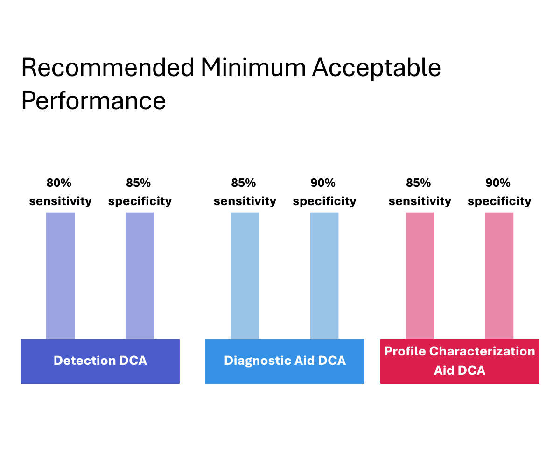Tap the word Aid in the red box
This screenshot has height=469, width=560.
[x=443, y=370]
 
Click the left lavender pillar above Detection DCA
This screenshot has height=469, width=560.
[x=60, y=275]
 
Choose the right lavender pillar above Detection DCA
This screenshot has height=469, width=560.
[x=140, y=275]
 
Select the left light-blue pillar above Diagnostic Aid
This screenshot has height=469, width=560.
[x=245, y=275]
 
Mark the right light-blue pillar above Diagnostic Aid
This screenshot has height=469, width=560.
[x=324, y=275]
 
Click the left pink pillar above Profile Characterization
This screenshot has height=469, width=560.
[x=420, y=275]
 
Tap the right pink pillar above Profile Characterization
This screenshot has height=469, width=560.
[x=499, y=275]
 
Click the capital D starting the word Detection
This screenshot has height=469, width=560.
[x=57, y=361]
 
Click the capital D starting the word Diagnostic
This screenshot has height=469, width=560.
[x=228, y=361]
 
